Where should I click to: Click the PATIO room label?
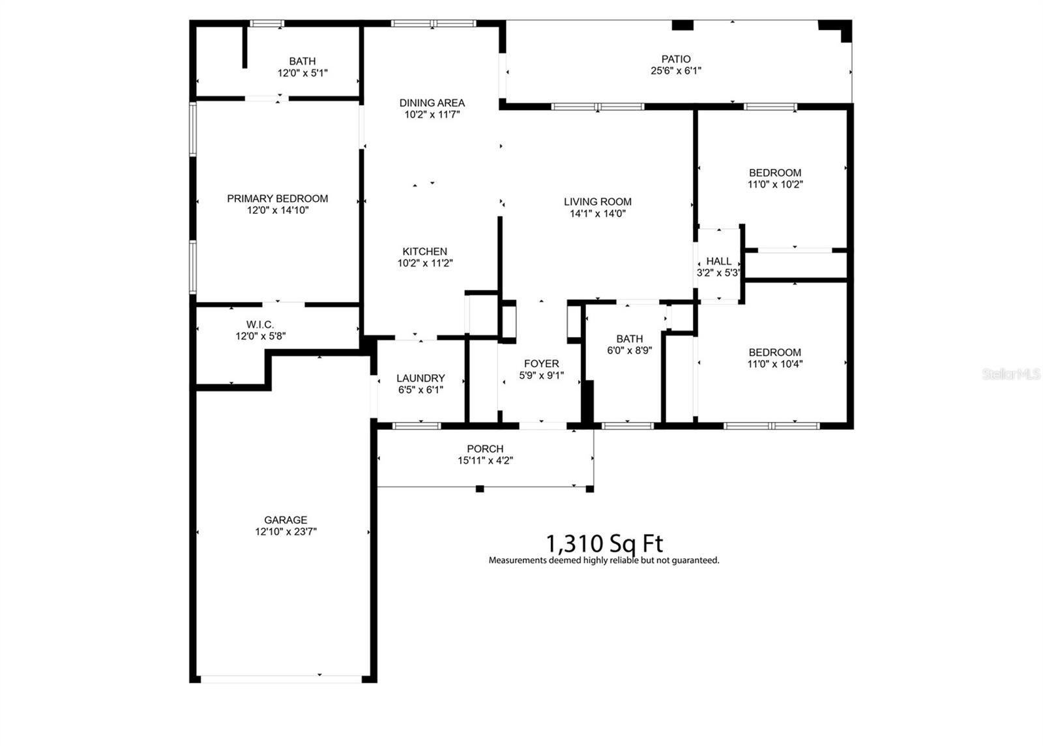(675, 59)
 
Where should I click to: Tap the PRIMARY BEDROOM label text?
(277, 198)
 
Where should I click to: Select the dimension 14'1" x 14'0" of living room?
(597, 213)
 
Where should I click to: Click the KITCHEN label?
(424, 251)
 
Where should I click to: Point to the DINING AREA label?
(432, 102)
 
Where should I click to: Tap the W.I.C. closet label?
(259, 324)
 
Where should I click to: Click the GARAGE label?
(286, 520)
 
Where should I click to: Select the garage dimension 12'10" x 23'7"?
(286, 531)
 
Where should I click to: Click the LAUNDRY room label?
(420, 378)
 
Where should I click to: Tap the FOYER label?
(541, 363)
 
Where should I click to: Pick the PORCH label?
(485, 449)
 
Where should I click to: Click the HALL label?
(718, 261)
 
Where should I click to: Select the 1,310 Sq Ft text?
(604, 543)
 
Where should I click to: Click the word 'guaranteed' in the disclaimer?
(697, 560)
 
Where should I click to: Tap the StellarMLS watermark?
(1011, 374)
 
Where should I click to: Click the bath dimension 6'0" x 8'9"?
(629, 350)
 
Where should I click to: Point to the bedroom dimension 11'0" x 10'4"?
(774, 364)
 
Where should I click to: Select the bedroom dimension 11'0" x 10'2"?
(774, 184)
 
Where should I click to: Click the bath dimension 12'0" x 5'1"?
(302, 73)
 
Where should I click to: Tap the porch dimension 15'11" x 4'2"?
(485, 460)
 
